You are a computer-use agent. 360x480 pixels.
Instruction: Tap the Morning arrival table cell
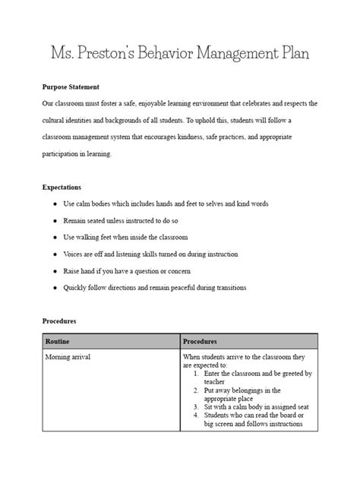68,357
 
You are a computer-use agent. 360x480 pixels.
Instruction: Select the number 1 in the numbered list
196,374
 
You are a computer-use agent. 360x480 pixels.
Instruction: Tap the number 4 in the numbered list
196,415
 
